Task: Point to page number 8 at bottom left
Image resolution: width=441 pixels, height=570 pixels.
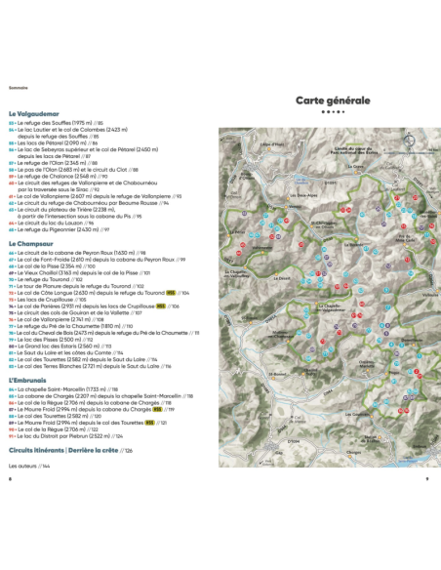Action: (x=10, y=479)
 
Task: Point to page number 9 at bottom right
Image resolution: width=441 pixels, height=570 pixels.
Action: (x=427, y=479)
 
